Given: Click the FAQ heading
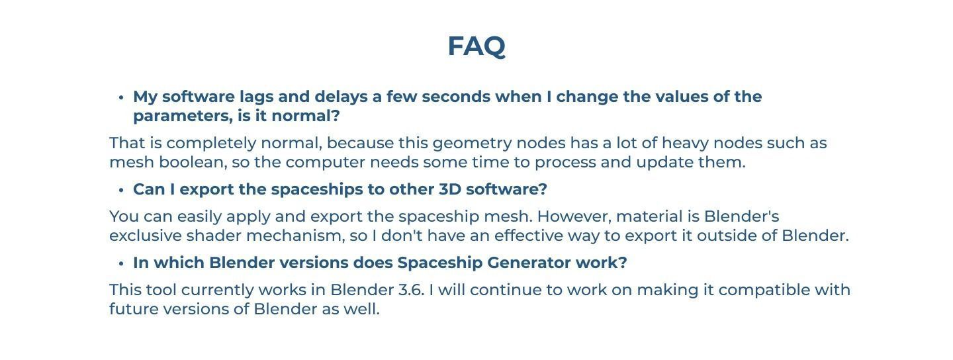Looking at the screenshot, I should click(476, 46).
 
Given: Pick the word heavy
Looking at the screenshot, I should click(684, 143).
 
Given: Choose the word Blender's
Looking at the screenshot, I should click(741, 216).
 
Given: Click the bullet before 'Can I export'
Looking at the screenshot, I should click(121, 190).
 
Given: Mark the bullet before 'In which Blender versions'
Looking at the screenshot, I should click(121, 263).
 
